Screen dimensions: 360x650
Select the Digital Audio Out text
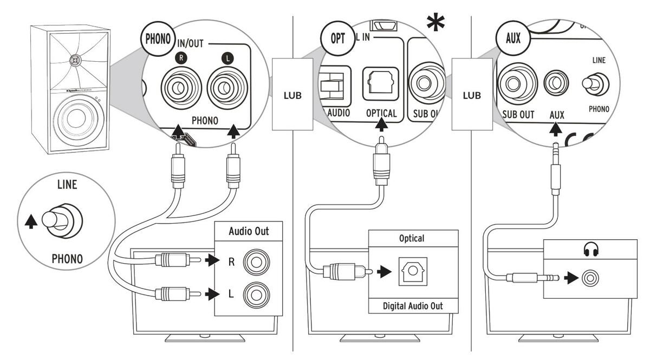(x=413, y=306)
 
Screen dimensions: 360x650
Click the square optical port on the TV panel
(x=413, y=271)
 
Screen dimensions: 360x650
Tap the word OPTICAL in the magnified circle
(x=381, y=114)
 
